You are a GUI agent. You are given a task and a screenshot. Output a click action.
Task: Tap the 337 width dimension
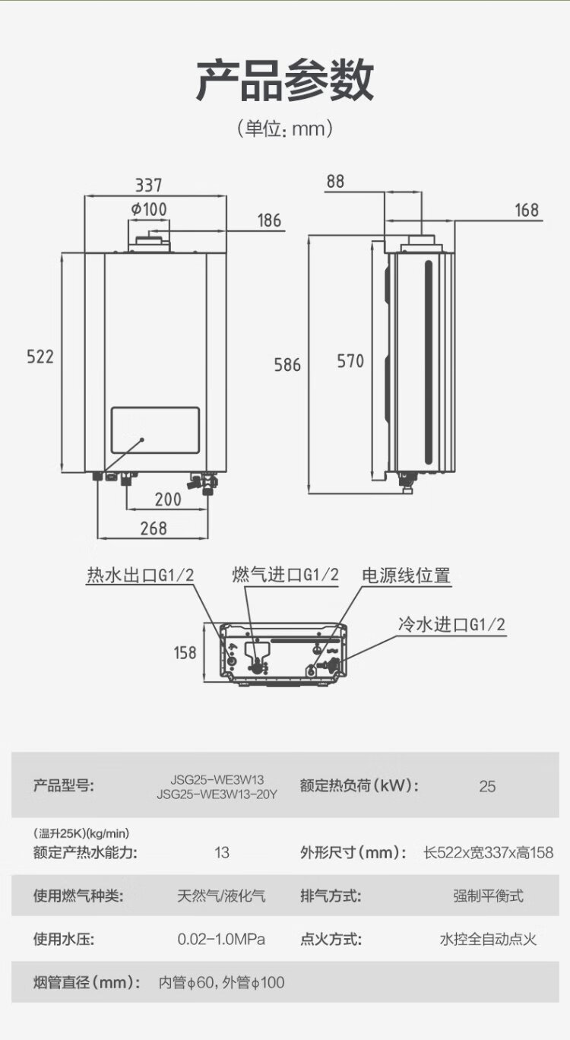click(149, 185)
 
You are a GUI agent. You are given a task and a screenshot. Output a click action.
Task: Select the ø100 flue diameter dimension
click(149, 208)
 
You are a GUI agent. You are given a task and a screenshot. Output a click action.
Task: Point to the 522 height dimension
click(40, 356)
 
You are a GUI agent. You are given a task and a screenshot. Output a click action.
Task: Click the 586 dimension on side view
click(287, 365)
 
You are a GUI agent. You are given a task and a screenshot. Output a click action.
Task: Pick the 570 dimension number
click(350, 361)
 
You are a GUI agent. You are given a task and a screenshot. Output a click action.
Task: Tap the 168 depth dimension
click(526, 210)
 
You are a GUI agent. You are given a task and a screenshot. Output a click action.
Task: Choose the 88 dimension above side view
click(335, 182)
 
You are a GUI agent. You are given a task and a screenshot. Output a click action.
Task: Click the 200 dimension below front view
click(168, 499)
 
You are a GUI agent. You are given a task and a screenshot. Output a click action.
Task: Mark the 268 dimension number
click(154, 528)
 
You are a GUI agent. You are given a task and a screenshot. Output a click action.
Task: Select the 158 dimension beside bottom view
click(185, 652)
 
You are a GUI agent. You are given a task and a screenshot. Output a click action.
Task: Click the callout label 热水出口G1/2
click(141, 576)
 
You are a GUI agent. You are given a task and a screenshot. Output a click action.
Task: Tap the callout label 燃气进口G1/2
click(285, 575)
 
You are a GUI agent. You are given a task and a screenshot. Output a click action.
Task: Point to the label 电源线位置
click(406, 575)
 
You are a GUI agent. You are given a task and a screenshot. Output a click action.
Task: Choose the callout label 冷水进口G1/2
click(451, 625)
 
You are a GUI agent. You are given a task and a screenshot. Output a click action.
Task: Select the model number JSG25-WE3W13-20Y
click(217, 794)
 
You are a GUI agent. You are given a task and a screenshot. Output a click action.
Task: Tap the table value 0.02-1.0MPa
click(221, 939)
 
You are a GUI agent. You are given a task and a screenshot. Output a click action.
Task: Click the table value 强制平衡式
click(488, 896)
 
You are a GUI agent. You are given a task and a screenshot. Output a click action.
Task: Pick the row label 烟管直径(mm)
click(87, 982)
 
